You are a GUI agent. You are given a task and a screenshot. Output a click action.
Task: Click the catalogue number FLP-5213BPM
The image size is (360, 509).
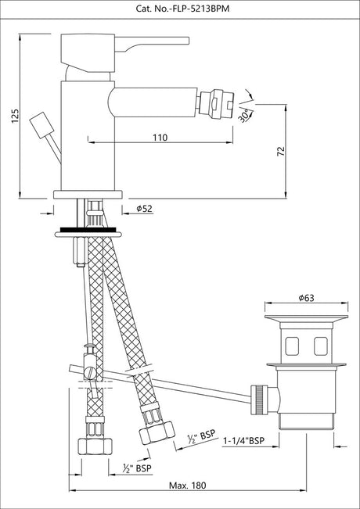click(182, 9)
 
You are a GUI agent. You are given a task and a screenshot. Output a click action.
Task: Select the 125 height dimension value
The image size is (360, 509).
click(16, 116)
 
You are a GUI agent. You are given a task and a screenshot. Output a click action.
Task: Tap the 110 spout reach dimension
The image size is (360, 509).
click(160, 138)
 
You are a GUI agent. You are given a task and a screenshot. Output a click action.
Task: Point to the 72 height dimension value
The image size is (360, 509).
click(281, 151)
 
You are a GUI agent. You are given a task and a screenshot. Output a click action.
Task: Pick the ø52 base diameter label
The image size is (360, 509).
click(144, 209)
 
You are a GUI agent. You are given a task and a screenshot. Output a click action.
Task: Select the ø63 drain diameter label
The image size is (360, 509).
click(306, 298)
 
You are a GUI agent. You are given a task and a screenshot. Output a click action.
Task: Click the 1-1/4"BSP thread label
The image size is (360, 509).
click(243, 441)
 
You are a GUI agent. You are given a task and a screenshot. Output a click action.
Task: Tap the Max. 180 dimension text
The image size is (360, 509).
click(188, 486)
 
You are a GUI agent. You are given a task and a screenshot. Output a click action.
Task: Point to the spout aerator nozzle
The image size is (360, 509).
click(215, 103)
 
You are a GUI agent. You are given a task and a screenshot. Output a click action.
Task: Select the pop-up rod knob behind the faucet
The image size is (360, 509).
click(41, 125)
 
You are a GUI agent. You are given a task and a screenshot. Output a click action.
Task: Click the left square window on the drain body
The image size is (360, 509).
click(292, 346)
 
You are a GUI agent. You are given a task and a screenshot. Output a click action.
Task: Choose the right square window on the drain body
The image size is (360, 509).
click(320, 346)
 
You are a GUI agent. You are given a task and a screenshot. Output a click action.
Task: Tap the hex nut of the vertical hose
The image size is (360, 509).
click(95, 447)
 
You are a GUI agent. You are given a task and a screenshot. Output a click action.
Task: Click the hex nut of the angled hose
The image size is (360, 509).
click(157, 433)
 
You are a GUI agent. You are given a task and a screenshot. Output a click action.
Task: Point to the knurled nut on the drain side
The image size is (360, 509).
click(259, 400)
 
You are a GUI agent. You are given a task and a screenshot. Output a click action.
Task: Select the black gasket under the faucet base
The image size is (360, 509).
click(88, 230)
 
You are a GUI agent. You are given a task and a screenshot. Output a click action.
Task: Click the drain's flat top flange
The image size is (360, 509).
click(306, 317)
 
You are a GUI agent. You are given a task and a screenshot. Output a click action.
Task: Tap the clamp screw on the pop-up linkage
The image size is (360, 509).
click(90, 372)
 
